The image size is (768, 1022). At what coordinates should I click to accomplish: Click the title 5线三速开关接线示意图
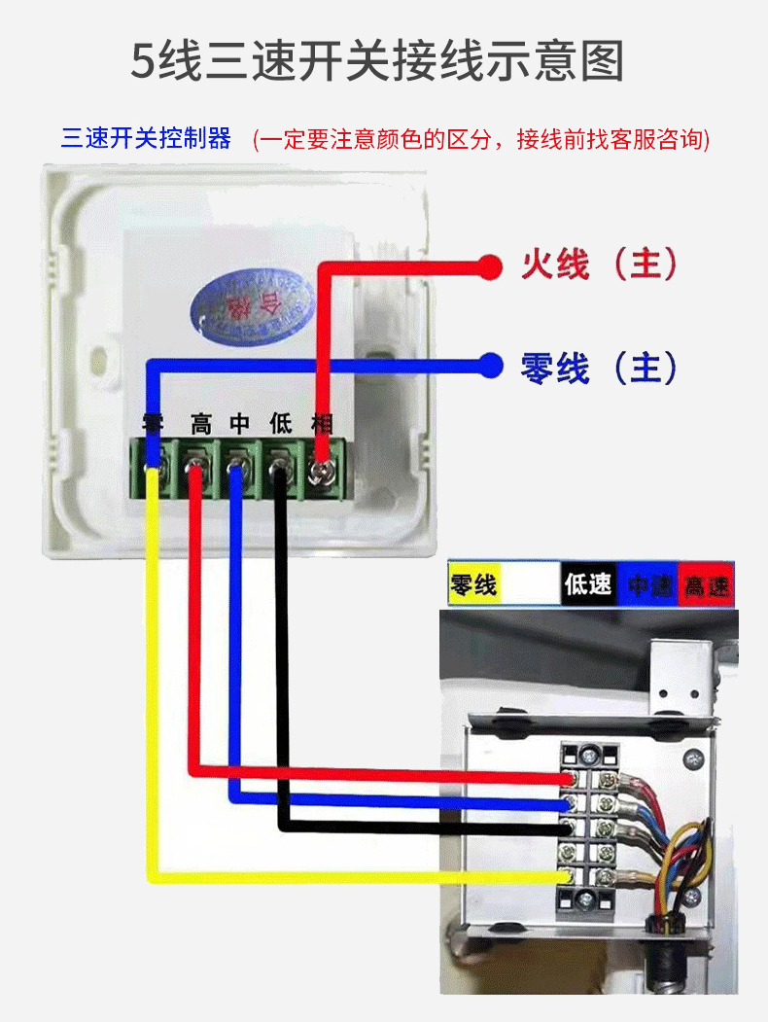coord(377,60)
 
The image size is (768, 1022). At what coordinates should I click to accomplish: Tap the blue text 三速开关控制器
coord(146,138)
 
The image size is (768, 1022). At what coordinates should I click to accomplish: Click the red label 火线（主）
coord(599,264)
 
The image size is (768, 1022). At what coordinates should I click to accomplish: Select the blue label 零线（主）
coord(599,368)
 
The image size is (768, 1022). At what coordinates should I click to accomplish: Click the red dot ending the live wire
coord(491,264)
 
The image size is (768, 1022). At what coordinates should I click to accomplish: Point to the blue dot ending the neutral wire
coord(491,366)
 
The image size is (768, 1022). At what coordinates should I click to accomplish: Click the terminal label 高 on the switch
coord(201,424)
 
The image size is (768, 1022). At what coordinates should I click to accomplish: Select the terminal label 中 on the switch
coord(240,424)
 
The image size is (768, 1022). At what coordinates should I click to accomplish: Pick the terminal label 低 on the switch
coord(281,424)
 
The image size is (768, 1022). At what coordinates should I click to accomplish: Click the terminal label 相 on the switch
coord(321,424)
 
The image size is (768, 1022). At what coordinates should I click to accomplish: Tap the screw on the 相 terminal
coord(320,473)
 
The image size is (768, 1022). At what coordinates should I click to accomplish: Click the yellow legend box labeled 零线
coord(473,584)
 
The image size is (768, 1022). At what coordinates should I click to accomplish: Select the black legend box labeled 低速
coord(588,584)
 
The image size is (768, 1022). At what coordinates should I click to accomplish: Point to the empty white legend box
coord(531,584)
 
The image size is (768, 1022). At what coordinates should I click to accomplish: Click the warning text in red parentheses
coord(481,139)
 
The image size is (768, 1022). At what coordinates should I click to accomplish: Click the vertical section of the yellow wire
coord(153,681)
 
